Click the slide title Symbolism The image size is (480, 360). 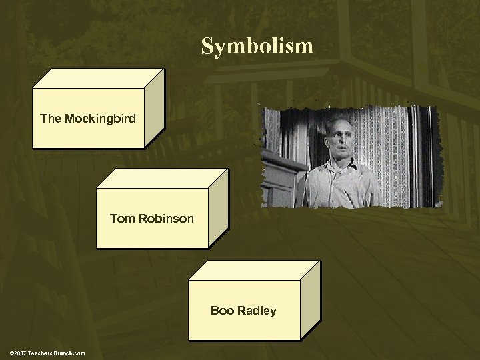click(257, 45)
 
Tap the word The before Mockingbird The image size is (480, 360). click(49, 119)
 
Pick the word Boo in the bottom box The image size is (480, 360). click(221, 311)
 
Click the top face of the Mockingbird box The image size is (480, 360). click(97, 79)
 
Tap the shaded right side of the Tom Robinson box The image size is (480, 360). click(218, 208)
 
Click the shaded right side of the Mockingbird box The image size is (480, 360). click(154, 108)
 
